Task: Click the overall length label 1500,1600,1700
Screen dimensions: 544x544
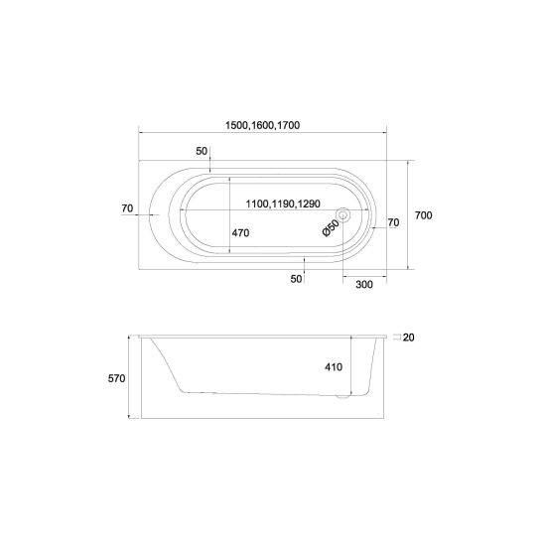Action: (x=262, y=125)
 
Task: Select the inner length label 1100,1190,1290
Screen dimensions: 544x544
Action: (x=283, y=204)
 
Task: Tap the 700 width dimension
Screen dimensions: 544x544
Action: (x=423, y=215)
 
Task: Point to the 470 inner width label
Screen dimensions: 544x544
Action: (x=240, y=233)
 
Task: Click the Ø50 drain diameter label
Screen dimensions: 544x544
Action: (x=331, y=228)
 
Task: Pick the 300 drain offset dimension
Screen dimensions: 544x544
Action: (x=364, y=284)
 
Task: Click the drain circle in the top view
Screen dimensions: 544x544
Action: (x=343, y=215)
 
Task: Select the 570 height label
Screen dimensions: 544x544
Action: (x=116, y=378)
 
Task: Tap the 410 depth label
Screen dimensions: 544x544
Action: (x=334, y=366)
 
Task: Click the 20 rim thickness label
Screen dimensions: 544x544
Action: (x=409, y=338)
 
